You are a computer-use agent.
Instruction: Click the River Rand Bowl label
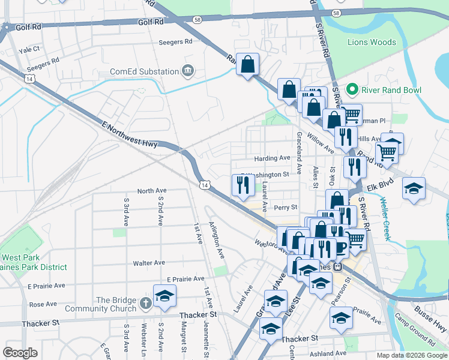click(391, 91)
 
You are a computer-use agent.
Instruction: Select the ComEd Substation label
click(144, 71)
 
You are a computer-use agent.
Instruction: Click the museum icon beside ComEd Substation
click(188, 71)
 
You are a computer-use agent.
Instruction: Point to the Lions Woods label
click(372, 43)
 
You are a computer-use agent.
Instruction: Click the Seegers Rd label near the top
click(175, 42)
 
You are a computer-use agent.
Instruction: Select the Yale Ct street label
click(29, 49)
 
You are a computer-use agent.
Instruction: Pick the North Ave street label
click(151, 191)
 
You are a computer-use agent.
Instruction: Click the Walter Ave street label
click(149, 263)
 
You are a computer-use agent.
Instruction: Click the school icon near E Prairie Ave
click(164, 296)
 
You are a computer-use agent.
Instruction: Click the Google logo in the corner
click(20, 353)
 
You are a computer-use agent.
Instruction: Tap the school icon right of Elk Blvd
click(414, 188)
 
